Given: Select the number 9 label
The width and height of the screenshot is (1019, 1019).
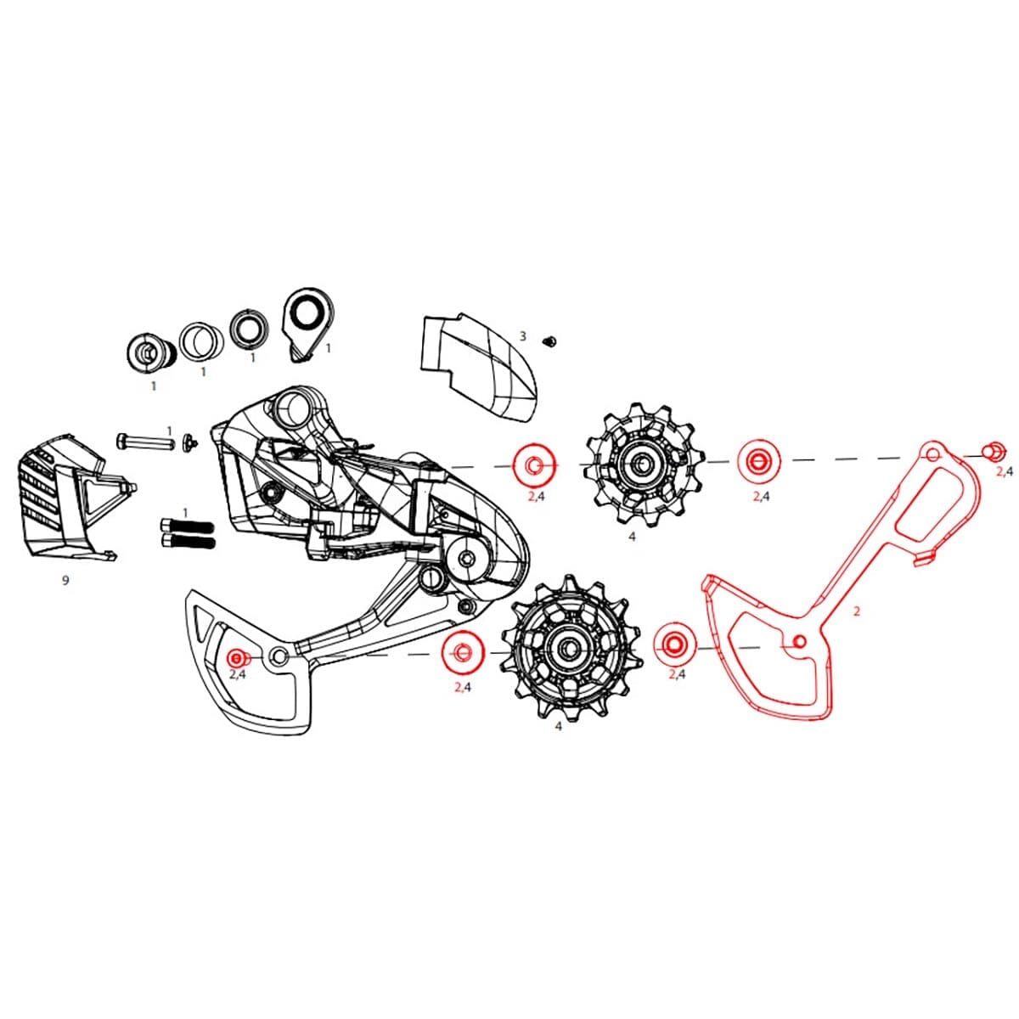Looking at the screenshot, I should [65, 580].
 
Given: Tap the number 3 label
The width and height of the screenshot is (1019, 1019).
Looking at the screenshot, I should [523, 336].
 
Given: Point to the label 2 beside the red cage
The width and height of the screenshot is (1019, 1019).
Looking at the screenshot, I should [857, 611].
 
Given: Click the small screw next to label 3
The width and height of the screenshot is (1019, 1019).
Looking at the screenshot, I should [549, 341].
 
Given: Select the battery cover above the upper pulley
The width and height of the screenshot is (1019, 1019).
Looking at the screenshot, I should [480, 365].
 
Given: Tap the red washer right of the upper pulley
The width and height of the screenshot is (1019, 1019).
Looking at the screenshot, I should [755, 461].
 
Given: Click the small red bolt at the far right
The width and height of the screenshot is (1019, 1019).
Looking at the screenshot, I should [989, 450].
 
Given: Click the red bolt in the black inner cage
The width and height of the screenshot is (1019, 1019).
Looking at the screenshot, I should [238, 657].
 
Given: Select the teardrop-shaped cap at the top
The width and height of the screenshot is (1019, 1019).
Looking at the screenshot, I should [306, 323].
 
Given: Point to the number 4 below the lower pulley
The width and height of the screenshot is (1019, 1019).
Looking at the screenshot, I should [558, 727].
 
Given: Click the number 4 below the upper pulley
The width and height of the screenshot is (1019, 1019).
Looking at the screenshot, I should [632, 537].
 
